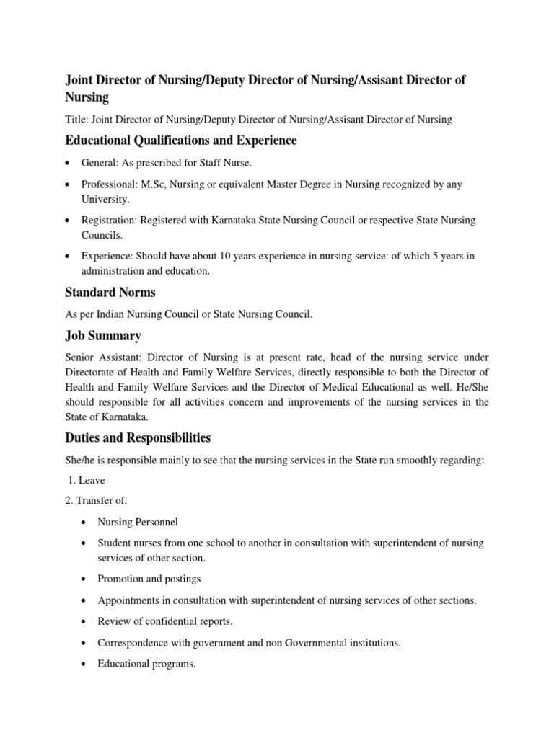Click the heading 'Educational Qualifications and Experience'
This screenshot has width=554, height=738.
(x=180, y=140)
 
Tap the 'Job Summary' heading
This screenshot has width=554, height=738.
(x=103, y=336)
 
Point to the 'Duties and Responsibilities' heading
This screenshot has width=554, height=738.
(x=138, y=437)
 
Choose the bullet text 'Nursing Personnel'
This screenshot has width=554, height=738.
(x=137, y=522)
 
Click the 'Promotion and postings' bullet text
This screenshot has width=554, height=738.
(x=149, y=579)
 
